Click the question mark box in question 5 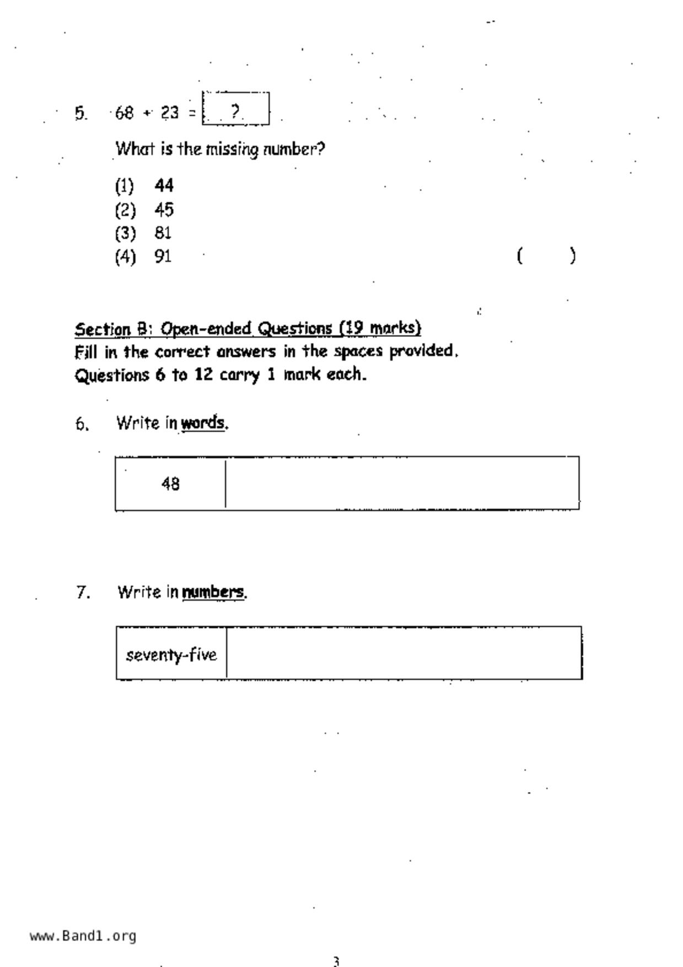[236, 109]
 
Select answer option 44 [164, 186]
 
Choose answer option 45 [164, 209]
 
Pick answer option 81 [163, 233]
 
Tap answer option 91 [163, 256]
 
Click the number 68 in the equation [125, 113]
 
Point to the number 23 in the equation [170, 113]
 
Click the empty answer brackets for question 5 [546, 256]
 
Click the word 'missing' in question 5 [232, 149]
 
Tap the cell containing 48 [170, 483]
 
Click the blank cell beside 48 [402, 483]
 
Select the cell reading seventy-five [171, 654]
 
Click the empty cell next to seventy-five [404, 653]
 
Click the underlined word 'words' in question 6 [203, 423]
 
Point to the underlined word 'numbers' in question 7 [213, 592]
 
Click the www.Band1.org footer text [83, 936]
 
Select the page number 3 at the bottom [336, 961]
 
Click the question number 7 [83, 593]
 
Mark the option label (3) [125, 233]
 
